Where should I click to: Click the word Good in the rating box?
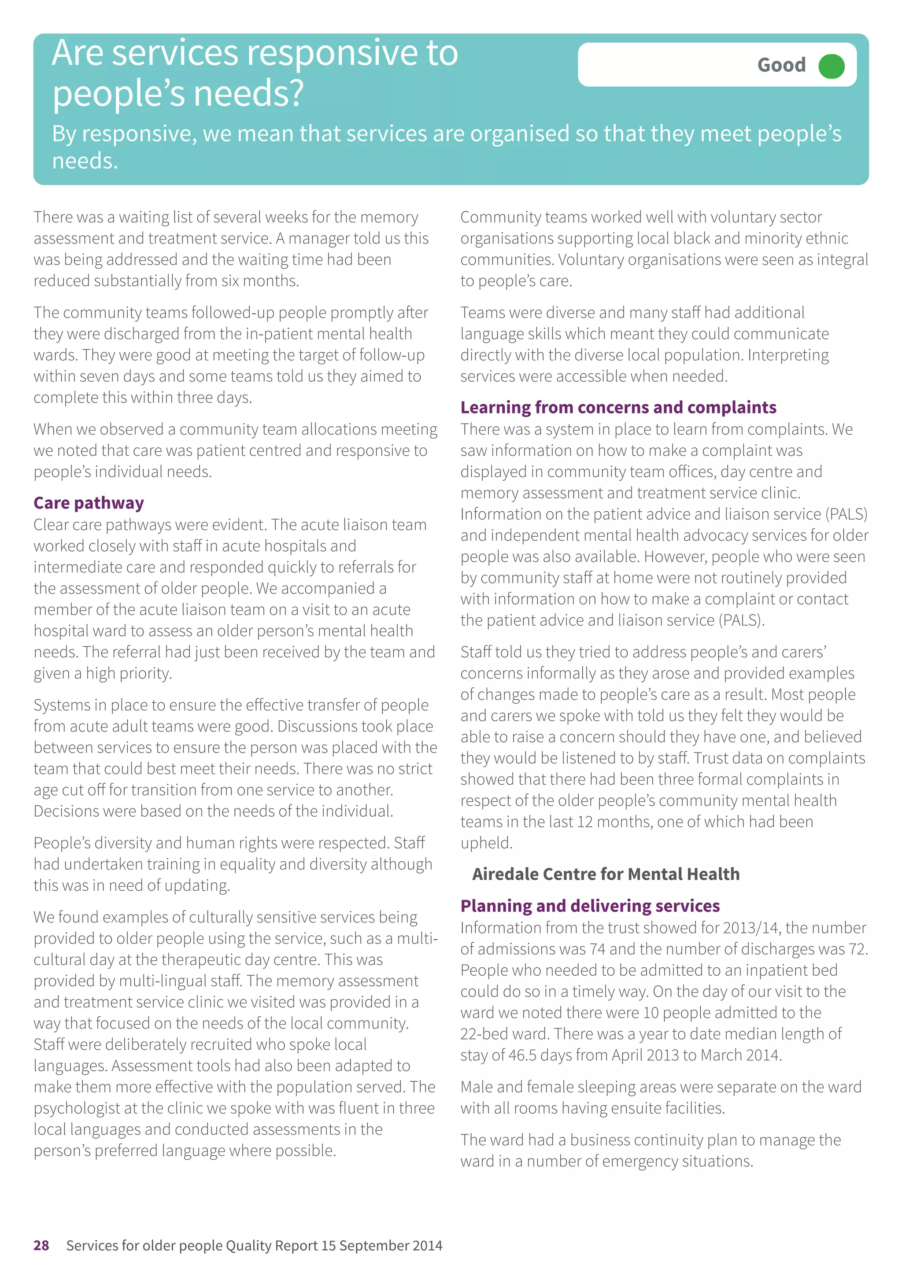(x=781, y=66)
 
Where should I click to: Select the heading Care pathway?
(x=89, y=503)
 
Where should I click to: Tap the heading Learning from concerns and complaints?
(x=618, y=407)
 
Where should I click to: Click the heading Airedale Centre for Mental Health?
(x=605, y=874)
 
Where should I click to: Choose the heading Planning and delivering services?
(x=590, y=906)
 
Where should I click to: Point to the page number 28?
(x=41, y=1246)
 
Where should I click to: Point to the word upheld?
(x=486, y=843)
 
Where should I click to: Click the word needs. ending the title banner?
(x=85, y=161)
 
